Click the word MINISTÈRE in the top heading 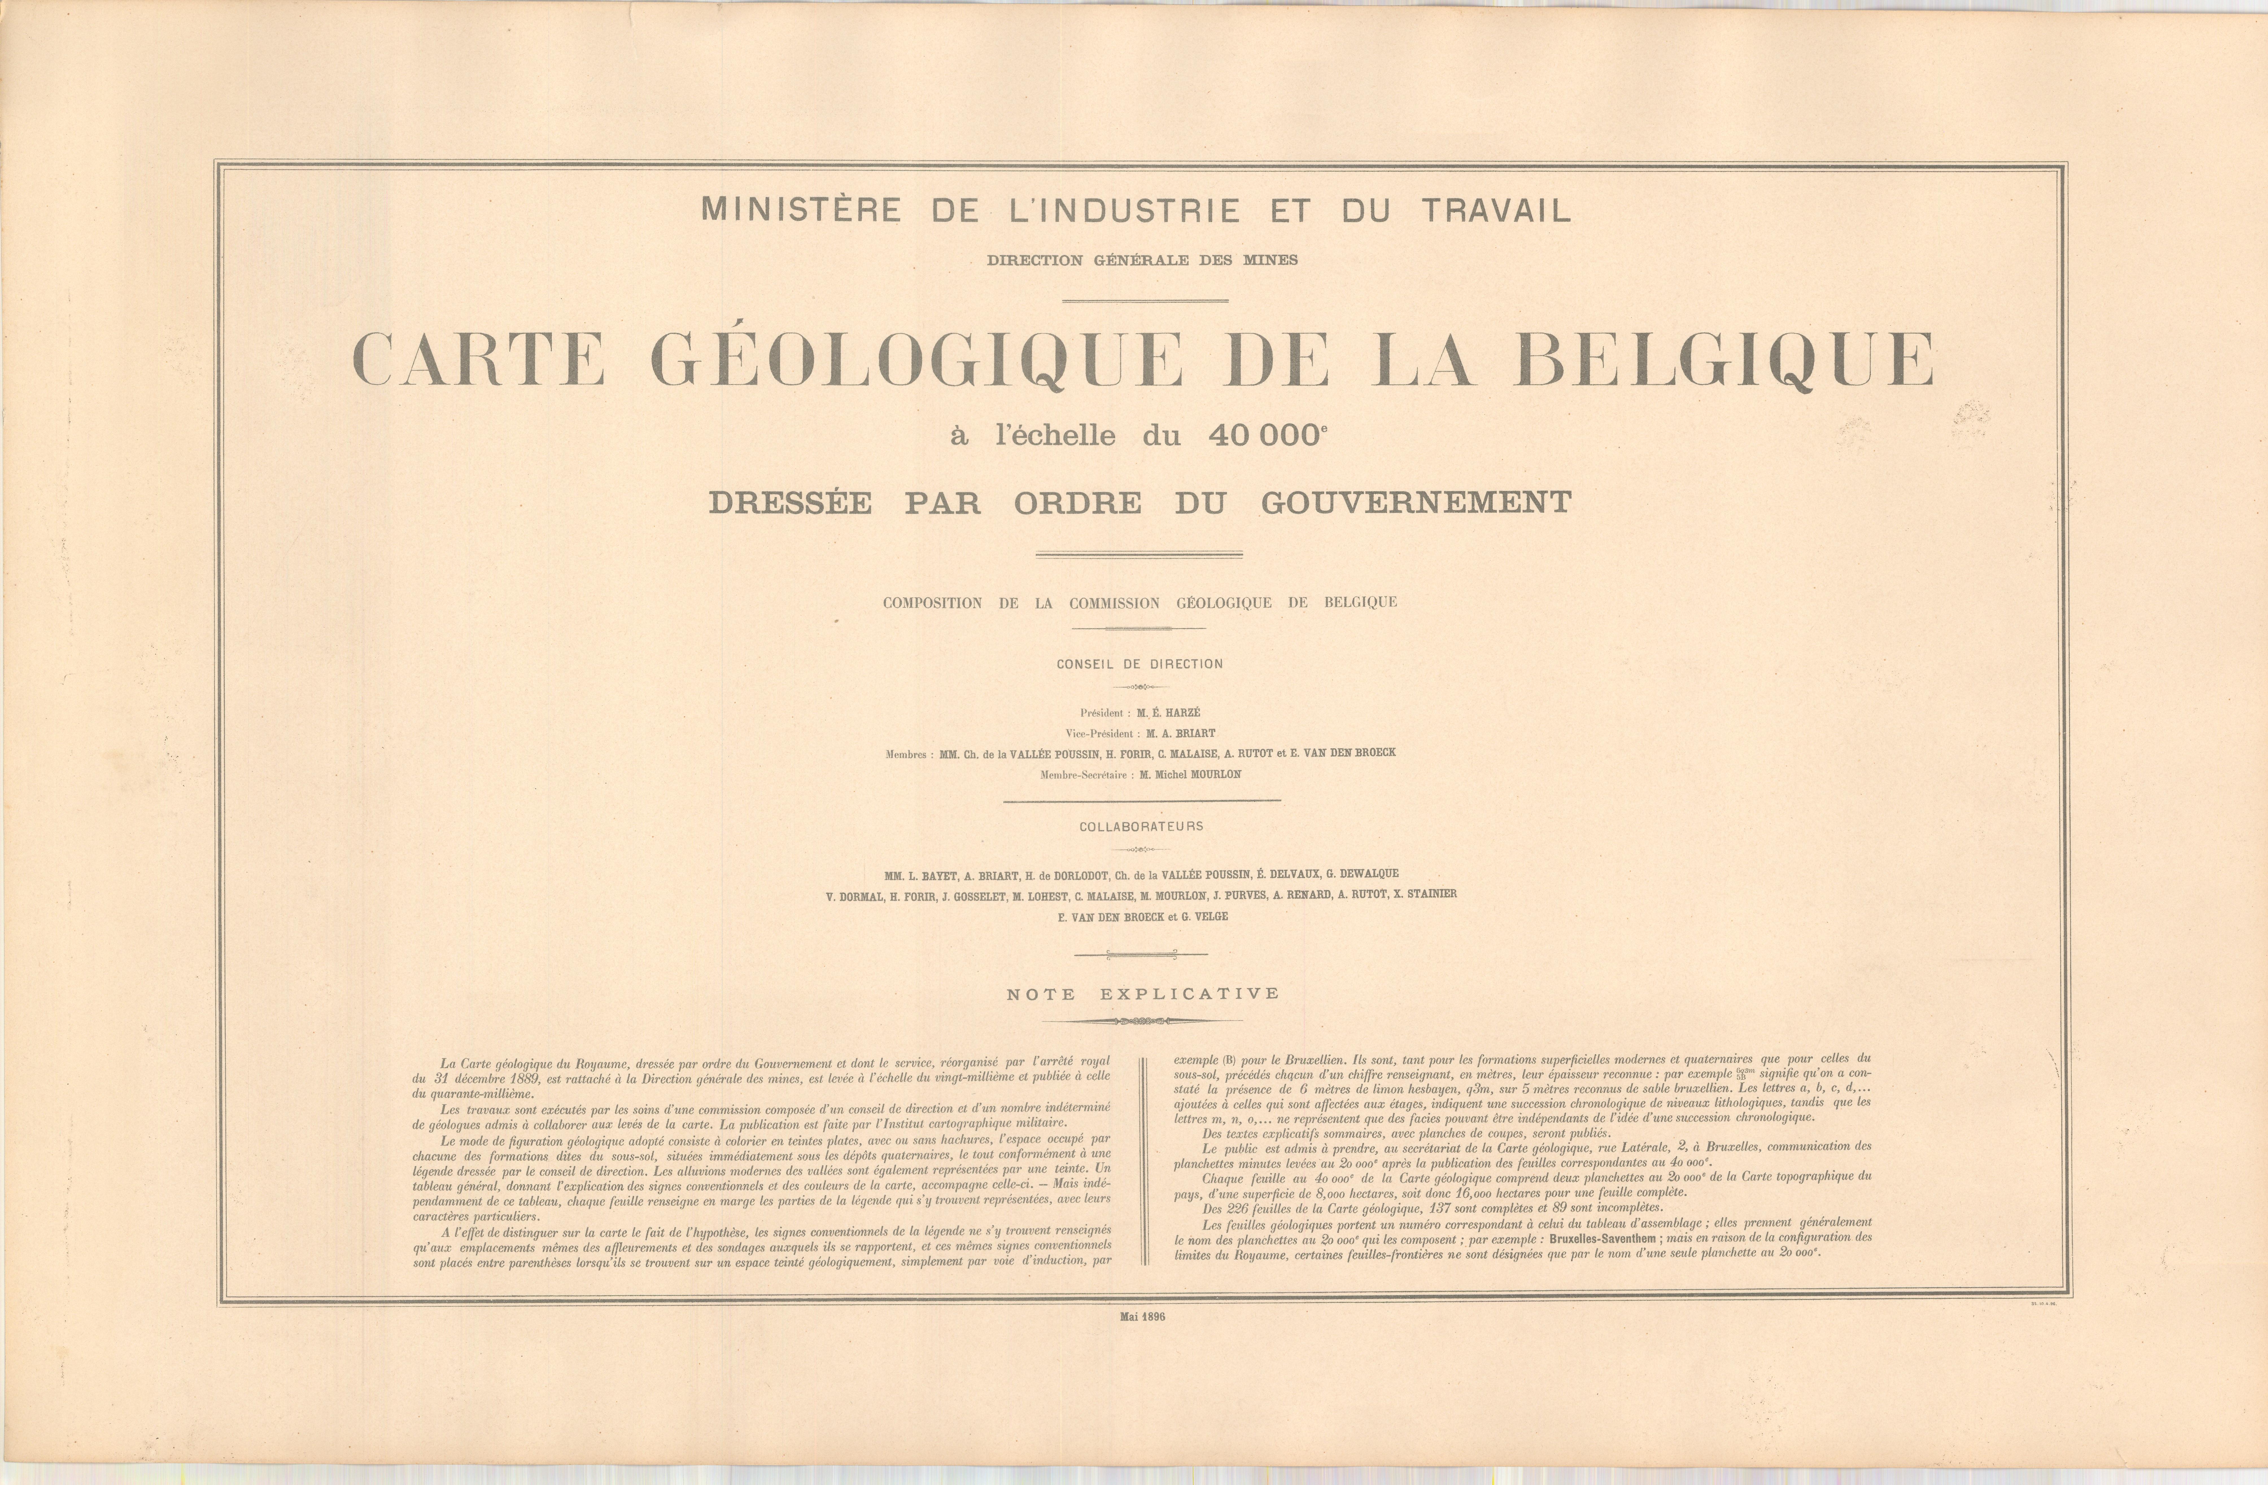tap(800, 210)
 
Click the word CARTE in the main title tap(478, 359)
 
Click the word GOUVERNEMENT tap(1417, 502)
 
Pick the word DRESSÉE tap(790, 502)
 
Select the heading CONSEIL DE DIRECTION tap(1140, 664)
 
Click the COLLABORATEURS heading tap(1141, 826)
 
